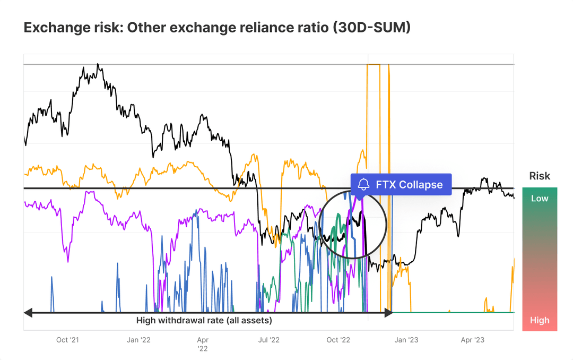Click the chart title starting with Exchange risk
click(217, 28)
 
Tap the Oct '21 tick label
click(68, 340)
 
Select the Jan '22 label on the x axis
click(138, 340)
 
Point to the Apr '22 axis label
click(203, 344)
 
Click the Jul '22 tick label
click(269, 340)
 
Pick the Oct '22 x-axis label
click(338, 340)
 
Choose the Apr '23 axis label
click(472, 340)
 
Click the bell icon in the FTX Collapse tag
click(363, 185)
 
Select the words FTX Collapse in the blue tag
click(409, 185)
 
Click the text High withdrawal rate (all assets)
click(204, 320)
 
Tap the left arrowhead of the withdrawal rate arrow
click(28, 313)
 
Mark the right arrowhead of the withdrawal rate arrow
click(388, 313)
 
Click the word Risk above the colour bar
click(540, 176)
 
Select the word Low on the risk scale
click(540, 198)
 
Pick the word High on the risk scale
click(540, 320)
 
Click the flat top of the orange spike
click(374, 64)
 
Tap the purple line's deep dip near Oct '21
click(67, 261)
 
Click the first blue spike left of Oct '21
click(52, 278)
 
